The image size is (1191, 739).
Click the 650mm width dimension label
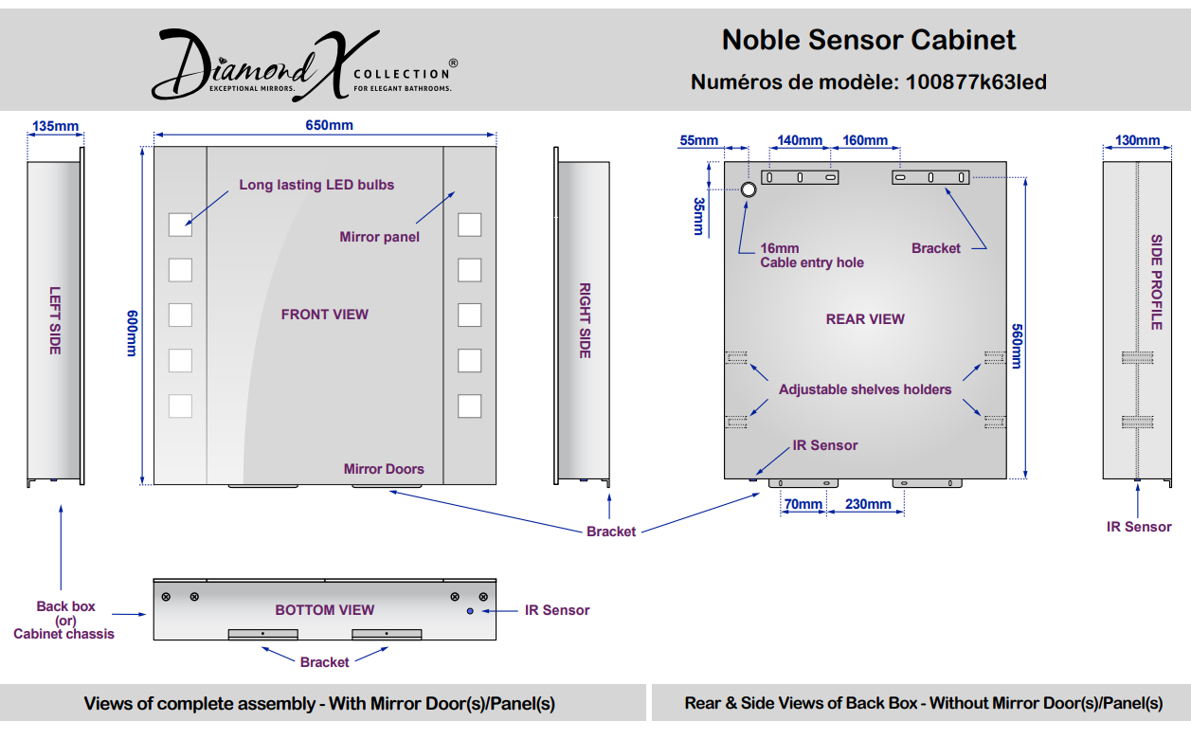click(329, 125)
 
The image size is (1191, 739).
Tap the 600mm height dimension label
click(132, 333)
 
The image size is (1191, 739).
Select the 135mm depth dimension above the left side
click(55, 126)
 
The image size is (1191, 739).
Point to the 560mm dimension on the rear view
click(1017, 346)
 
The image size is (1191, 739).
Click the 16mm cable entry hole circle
click(749, 189)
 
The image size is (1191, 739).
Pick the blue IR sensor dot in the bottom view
click(470, 611)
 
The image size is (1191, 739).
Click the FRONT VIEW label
click(325, 315)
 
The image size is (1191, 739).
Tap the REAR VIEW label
click(865, 319)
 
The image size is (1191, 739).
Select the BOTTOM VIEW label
click(325, 610)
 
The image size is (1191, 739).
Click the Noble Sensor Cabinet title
click(869, 40)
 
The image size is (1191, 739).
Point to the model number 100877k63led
click(976, 82)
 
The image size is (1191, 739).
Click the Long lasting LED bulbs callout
click(316, 185)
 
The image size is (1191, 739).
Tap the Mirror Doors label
click(384, 469)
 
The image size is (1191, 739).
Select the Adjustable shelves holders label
click(865, 389)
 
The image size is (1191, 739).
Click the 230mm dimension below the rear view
click(868, 503)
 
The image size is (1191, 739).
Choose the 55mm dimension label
click(698, 140)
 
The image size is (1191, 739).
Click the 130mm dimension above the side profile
click(1137, 140)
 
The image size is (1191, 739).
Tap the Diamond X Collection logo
click(305, 64)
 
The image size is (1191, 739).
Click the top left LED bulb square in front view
click(180, 225)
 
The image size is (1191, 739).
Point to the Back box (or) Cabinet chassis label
click(64, 620)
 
